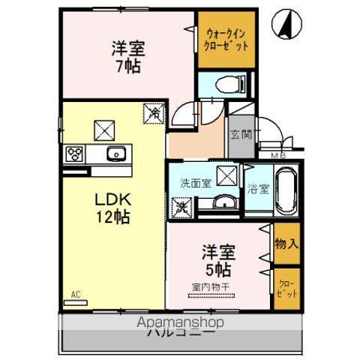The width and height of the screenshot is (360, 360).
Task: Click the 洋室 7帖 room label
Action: [129, 56]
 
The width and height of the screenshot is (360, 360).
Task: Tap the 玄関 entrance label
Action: [241, 136]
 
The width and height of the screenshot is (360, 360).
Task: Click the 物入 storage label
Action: [286, 243]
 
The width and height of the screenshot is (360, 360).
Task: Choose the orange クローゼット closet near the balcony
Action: [286, 288]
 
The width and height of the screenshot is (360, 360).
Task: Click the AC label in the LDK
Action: [76, 294]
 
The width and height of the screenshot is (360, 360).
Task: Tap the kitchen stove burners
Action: [75, 154]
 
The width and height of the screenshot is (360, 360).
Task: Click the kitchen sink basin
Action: [116, 154]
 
